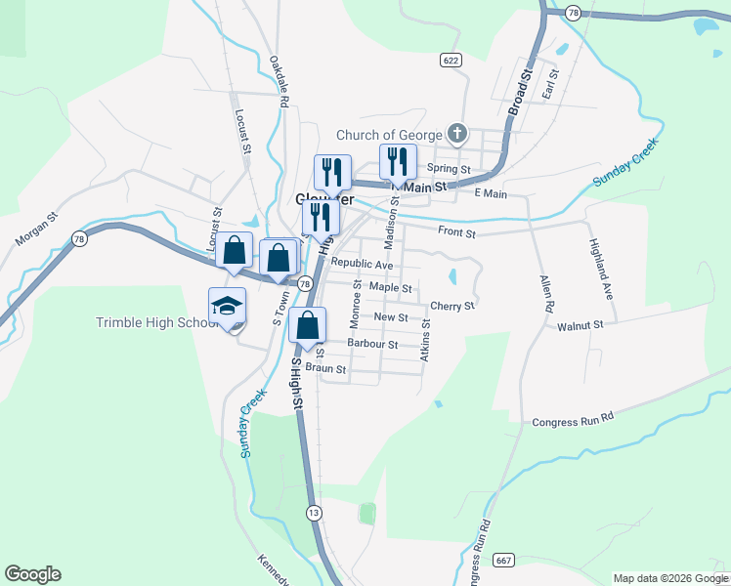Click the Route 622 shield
(x=450, y=61)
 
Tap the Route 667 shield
(x=504, y=560)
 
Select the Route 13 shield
(x=314, y=513)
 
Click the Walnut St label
(x=580, y=324)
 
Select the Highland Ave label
(x=599, y=270)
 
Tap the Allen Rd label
(x=546, y=293)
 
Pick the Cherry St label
(x=451, y=306)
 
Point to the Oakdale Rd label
(x=279, y=81)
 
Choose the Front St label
(x=456, y=233)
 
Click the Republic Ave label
(x=362, y=265)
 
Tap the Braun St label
(x=325, y=369)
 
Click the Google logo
(x=32, y=574)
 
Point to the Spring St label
(x=450, y=169)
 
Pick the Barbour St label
(x=372, y=344)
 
